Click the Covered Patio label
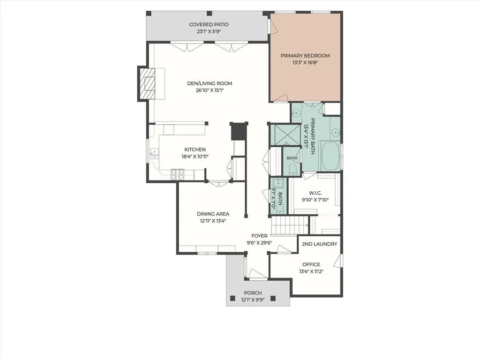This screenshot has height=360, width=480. click(209, 24)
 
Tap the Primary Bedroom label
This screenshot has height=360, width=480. click(305, 56)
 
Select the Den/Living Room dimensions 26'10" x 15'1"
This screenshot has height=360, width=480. click(210, 90)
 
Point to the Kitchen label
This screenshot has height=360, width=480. click(195, 150)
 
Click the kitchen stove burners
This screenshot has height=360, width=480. click(178, 174)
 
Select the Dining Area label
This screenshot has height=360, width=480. click(213, 214)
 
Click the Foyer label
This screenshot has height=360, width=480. click(259, 236)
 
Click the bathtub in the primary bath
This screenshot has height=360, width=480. click(330, 156)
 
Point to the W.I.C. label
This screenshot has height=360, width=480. click(315, 193)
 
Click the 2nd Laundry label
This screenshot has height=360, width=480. click(319, 244)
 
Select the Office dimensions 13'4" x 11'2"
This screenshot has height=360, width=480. click(311, 271)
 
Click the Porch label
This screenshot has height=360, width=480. click(253, 293)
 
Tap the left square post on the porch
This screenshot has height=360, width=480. click(232, 298)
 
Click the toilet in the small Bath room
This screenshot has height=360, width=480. click(292, 169)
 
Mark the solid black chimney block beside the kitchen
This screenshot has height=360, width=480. click(239, 131)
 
